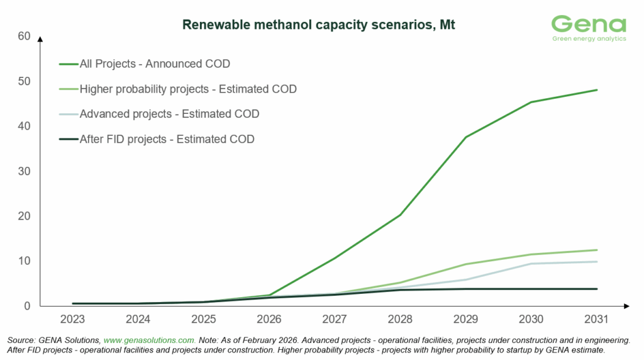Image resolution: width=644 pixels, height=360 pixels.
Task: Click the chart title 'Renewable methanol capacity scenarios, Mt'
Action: [318, 26]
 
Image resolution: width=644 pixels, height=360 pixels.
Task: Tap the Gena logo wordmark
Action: [589, 24]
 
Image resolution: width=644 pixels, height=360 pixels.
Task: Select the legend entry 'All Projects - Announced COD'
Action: [155, 64]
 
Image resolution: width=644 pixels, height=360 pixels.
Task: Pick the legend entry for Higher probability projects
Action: [188, 89]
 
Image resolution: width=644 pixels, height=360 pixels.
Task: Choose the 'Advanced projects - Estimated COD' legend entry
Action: [169, 114]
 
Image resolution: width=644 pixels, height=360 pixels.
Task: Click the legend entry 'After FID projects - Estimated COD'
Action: [167, 139]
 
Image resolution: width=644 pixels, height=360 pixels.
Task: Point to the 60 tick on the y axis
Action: [25, 37]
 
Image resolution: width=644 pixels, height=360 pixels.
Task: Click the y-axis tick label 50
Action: [25, 81]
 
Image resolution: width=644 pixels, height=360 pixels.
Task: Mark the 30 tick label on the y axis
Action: [25, 171]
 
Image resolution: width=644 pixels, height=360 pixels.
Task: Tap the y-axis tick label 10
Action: [25, 261]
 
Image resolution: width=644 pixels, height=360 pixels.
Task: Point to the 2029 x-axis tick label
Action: [465, 319]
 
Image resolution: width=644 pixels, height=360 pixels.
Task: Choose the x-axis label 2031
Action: [596, 319]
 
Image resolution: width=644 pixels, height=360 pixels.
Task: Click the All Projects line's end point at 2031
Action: [596, 90]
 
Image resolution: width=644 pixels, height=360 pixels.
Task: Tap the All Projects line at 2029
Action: [465, 137]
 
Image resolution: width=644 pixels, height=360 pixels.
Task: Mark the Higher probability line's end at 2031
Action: [596, 250]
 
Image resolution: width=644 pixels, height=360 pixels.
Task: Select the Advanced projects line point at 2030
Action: [531, 264]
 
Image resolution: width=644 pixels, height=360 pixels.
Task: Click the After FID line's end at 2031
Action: [596, 289]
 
